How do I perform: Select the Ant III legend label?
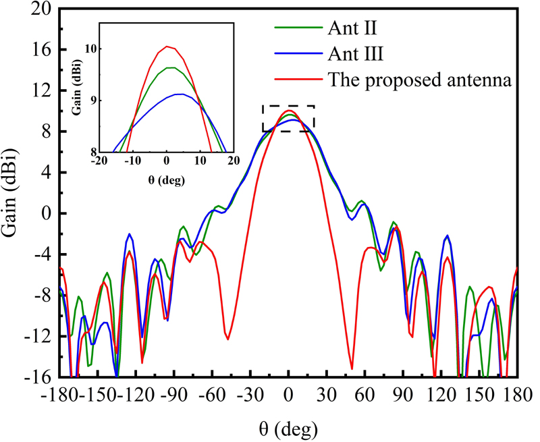pyautogui.click(x=355, y=53)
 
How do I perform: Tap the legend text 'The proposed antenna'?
pyautogui.click(x=421, y=80)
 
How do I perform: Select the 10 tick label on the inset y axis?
pyautogui.click(x=90, y=49)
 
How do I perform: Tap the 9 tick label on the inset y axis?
pyautogui.click(x=93, y=100)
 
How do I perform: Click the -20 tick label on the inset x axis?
pyautogui.click(x=98, y=161)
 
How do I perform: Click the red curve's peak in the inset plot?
pyautogui.click(x=167, y=46)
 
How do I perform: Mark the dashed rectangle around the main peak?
pyautogui.click(x=288, y=118)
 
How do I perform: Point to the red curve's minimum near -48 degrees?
pyautogui.click(x=227, y=339)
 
